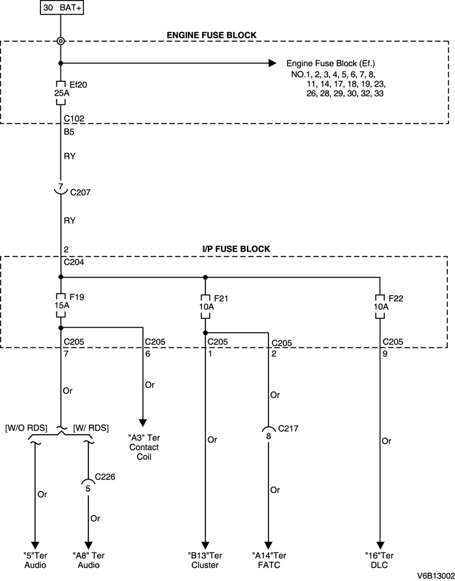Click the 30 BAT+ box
[62, 8]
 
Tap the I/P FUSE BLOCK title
[236, 249]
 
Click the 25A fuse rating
[61, 93]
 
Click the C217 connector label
[288, 429]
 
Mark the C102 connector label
[73, 119]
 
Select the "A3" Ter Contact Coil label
[144, 448]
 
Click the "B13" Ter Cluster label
[205, 560]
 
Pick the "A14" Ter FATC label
[268, 560]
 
